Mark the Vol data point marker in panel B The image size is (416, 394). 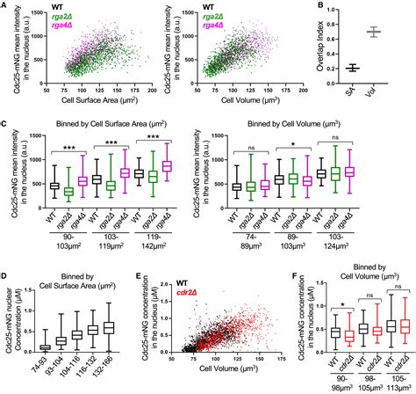pyautogui.click(x=378, y=33)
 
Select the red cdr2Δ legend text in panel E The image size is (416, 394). pyautogui.click(x=176, y=281)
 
